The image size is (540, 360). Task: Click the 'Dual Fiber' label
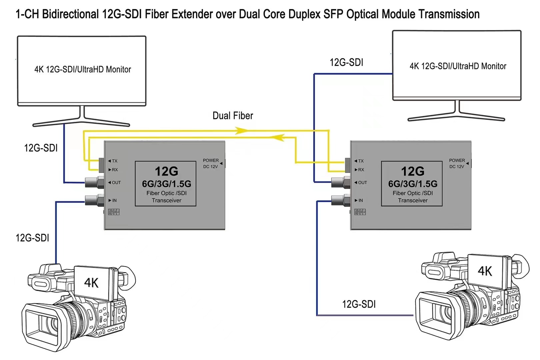tap(233, 116)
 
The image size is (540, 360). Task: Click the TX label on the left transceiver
tap(114, 161)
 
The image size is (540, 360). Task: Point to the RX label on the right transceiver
tap(361, 170)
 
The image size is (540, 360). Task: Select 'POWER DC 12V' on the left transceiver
tap(211, 163)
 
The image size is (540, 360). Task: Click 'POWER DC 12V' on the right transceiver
tap(457, 163)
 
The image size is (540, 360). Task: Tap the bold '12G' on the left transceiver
tap(166, 171)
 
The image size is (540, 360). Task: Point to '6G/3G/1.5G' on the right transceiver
tap(413, 184)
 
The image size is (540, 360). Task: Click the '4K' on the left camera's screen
tap(91, 283)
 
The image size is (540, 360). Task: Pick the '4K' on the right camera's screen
tap(485, 271)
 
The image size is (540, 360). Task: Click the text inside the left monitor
tap(83, 69)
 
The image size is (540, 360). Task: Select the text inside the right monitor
tap(458, 66)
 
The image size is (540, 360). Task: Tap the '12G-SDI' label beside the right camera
tap(359, 304)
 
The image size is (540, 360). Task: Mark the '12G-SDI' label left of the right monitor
tap(346, 62)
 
